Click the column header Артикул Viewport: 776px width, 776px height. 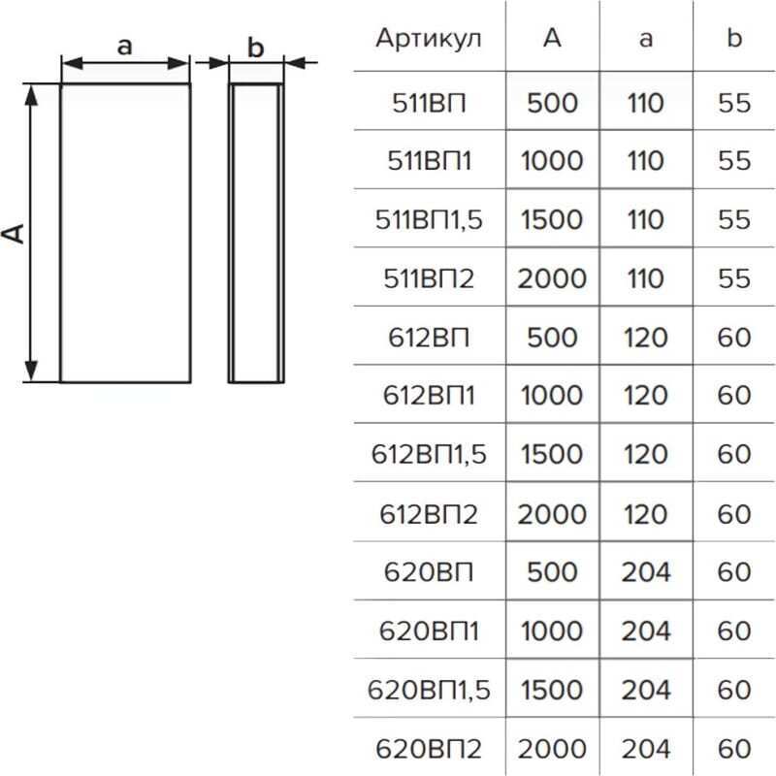click(x=428, y=39)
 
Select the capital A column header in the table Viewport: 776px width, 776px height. click(x=552, y=38)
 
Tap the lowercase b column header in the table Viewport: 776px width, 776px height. click(x=734, y=38)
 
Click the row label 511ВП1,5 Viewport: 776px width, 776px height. click(x=429, y=219)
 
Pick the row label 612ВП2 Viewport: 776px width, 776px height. click(x=429, y=514)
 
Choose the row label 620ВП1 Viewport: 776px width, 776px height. click(x=429, y=630)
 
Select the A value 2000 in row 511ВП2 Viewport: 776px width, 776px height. click(x=552, y=278)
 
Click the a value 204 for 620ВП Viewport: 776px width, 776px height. click(x=646, y=572)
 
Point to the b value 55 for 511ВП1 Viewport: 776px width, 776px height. click(x=734, y=161)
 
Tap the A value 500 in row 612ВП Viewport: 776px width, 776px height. click(x=552, y=337)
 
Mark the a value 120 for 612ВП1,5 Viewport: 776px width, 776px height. click(x=646, y=454)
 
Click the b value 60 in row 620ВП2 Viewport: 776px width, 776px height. click(x=734, y=748)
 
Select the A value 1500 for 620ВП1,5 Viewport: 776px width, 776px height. click(x=552, y=690)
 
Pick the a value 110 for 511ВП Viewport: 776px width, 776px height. click(x=646, y=103)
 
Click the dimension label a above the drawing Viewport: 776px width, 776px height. click(x=125, y=47)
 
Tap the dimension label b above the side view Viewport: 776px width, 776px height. click(x=255, y=48)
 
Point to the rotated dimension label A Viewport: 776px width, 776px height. click(x=14, y=233)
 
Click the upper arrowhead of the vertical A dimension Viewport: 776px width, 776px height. click(x=31, y=96)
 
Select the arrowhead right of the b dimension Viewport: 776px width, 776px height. click(x=296, y=63)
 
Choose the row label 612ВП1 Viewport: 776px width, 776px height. click(x=429, y=396)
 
